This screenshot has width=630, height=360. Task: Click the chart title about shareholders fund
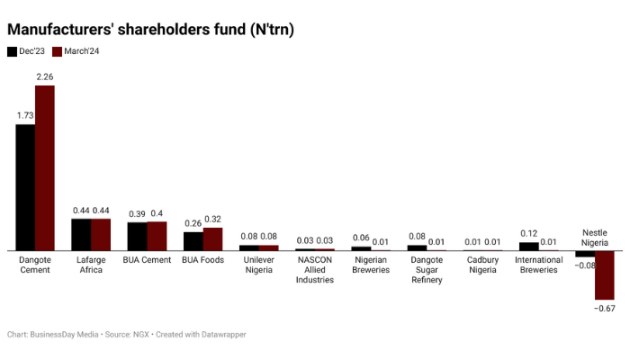click(x=150, y=29)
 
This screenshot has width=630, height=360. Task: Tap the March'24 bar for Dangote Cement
click(x=45, y=167)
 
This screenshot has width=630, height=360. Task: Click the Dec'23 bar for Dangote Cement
click(x=25, y=187)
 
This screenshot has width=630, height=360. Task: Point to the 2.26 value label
click(x=45, y=77)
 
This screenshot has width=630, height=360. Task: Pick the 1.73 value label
click(x=25, y=116)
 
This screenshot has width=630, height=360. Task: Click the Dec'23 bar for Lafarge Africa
click(x=81, y=234)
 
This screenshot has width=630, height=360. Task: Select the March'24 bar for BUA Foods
click(x=212, y=238)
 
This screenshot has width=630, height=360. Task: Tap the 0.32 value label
click(x=212, y=220)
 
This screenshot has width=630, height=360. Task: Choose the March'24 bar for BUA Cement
click(x=157, y=236)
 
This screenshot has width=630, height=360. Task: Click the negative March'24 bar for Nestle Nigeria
click(x=604, y=275)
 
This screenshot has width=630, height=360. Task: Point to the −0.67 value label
click(x=604, y=309)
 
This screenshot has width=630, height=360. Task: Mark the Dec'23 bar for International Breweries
click(x=529, y=246)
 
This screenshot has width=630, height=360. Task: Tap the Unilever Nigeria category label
click(x=258, y=265)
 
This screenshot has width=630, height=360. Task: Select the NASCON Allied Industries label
click(x=314, y=270)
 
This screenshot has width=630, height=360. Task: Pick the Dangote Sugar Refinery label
click(x=426, y=270)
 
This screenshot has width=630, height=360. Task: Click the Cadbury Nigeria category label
click(x=481, y=265)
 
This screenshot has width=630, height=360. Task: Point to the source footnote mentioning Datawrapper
click(x=126, y=335)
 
